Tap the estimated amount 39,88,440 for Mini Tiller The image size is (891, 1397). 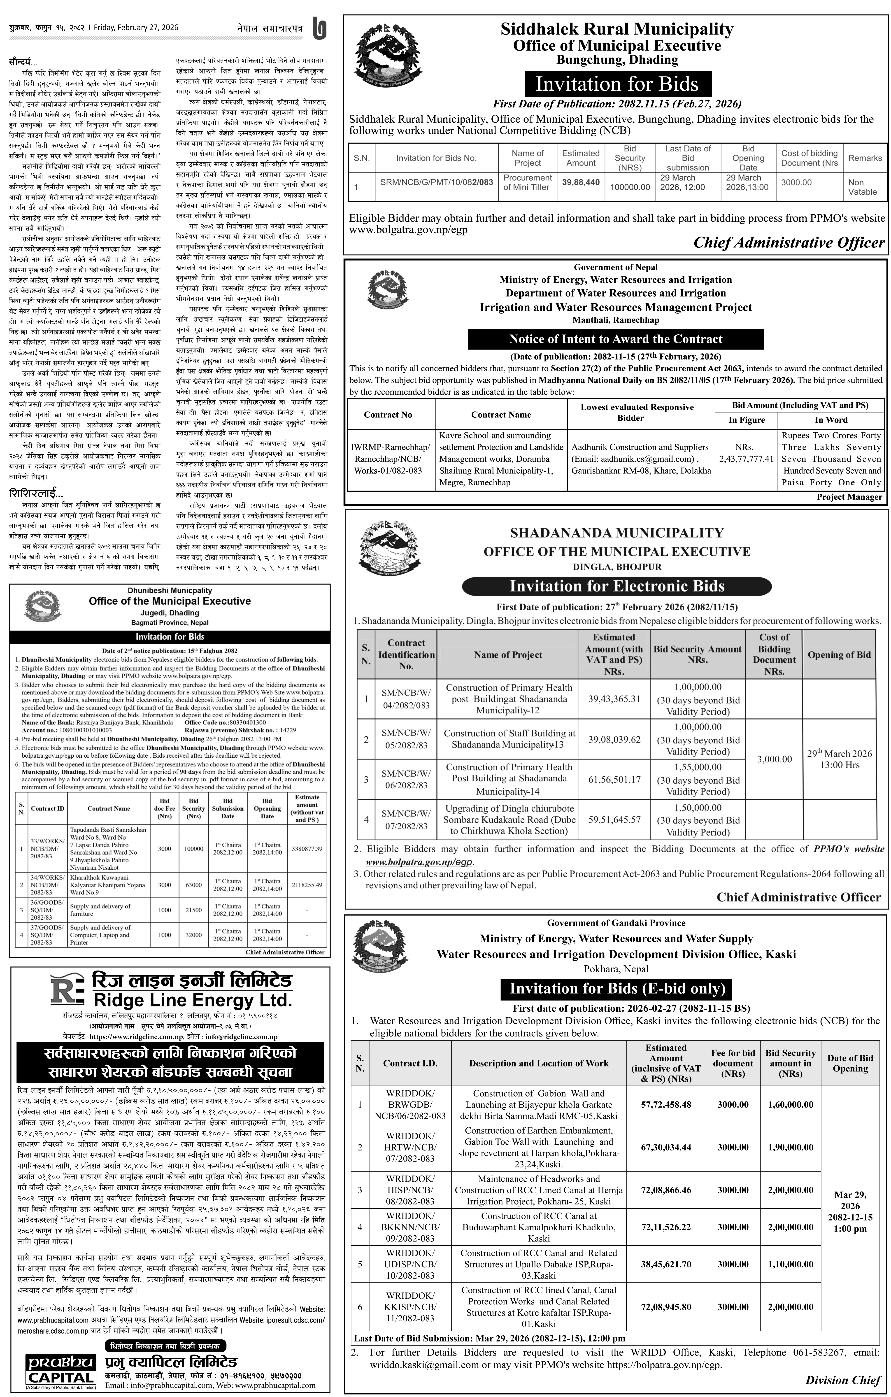(581, 182)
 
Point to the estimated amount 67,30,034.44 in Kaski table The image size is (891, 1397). (666, 1147)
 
